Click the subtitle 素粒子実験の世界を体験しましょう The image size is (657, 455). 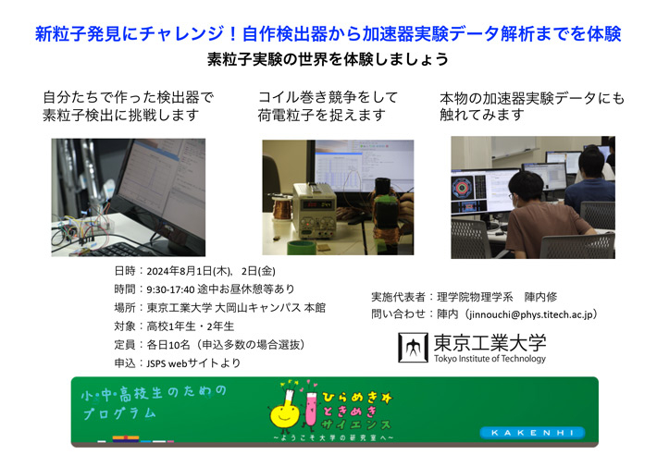(x=328, y=59)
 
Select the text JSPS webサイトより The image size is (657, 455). (x=194, y=363)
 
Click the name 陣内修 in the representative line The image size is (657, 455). (x=545, y=297)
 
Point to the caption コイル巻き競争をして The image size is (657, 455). (x=328, y=96)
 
